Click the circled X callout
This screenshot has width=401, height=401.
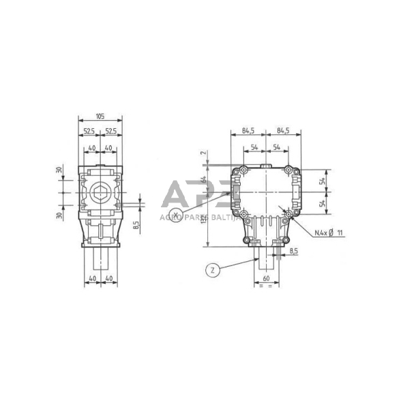[x=176, y=216]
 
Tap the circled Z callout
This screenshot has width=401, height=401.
[x=213, y=271]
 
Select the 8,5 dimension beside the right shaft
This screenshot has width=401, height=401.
[x=294, y=252]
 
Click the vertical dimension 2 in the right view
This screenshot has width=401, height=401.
[x=203, y=153]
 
